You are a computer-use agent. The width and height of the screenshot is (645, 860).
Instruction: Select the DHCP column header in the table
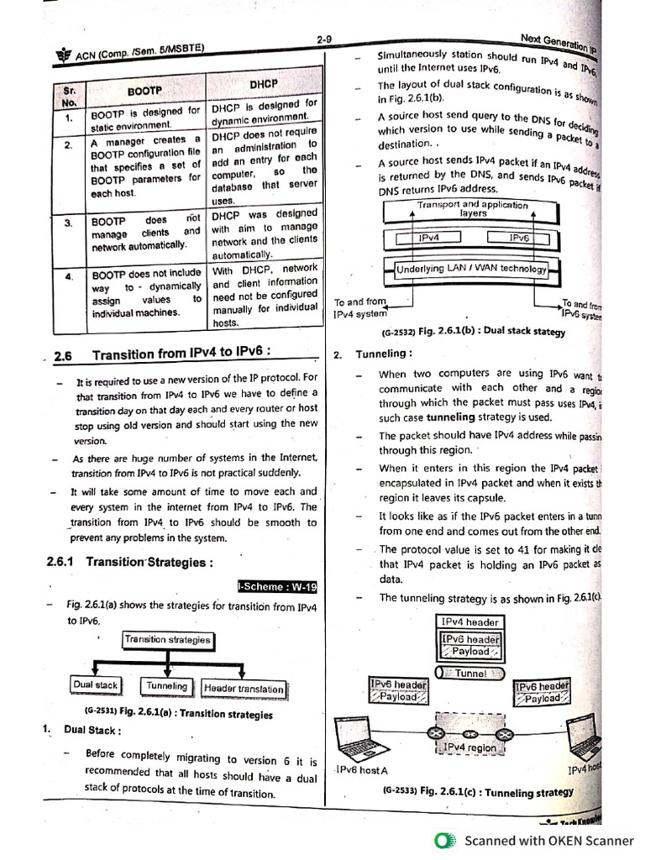click(x=263, y=84)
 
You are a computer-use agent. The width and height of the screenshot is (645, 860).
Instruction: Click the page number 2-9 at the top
click(x=328, y=39)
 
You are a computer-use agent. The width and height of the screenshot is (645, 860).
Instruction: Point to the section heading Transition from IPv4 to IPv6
click(x=181, y=354)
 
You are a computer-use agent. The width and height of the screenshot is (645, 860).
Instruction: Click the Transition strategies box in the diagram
click(x=168, y=640)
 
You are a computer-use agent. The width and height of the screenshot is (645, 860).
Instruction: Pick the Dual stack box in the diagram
click(x=96, y=685)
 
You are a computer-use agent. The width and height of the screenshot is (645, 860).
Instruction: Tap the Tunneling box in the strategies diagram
click(x=166, y=686)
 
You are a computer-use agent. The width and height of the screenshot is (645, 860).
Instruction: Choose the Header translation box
click(x=244, y=689)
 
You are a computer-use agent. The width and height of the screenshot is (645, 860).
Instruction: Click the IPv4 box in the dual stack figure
click(x=429, y=239)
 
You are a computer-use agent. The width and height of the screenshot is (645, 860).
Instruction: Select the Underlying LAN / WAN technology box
click(x=471, y=270)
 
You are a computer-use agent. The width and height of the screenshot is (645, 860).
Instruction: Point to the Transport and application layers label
click(x=473, y=209)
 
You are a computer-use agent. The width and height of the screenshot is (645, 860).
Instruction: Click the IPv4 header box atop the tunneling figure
click(x=470, y=622)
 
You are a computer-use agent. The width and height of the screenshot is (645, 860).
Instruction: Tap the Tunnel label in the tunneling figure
click(x=470, y=673)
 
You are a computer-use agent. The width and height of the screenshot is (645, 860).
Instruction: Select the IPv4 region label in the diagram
click(x=469, y=747)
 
